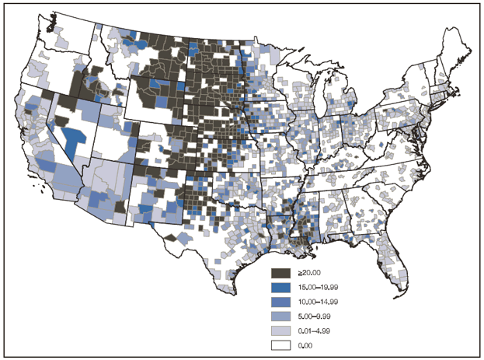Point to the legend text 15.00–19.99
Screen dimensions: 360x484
[313, 286]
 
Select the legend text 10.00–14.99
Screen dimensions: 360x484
[313, 300]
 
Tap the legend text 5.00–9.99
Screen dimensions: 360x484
[311, 314]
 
